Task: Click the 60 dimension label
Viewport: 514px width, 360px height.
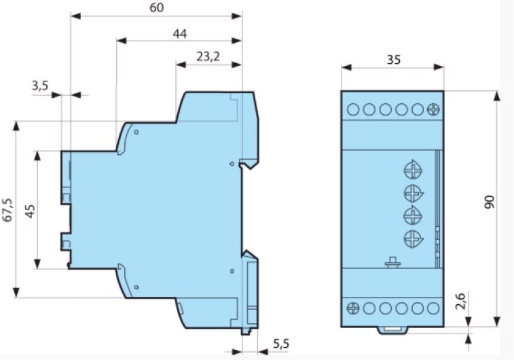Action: point(156,7)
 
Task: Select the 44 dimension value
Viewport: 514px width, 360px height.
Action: point(180,33)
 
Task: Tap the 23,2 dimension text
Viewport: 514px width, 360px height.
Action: point(208,57)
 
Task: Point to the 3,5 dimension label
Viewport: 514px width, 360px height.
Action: point(40,86)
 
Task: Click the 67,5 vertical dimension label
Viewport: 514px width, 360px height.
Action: point(7,210)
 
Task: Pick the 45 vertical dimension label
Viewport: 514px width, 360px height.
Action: point(30,211)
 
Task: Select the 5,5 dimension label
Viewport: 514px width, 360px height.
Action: point(281,344)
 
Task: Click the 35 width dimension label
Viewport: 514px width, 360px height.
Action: point(394,60)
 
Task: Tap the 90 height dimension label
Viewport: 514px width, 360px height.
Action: point(489,202)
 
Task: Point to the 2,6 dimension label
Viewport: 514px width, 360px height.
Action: point(460,301)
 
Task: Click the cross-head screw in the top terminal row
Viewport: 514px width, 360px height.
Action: point(433,109)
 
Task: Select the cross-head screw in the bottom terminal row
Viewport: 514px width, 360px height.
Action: point(352,308)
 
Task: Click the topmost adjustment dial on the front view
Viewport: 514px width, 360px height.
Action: point(413,170)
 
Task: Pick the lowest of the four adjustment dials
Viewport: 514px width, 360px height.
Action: point(414,238)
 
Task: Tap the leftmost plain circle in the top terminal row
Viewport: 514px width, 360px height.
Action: point(353,109)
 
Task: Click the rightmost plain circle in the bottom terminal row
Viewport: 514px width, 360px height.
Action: point(433,308)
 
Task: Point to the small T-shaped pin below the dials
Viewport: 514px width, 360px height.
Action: point(392,262)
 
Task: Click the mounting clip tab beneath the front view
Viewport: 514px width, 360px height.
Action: point(392,331)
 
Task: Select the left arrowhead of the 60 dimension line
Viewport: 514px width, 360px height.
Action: point(76,16)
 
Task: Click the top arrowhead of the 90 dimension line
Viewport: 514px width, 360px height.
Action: point(497,96)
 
